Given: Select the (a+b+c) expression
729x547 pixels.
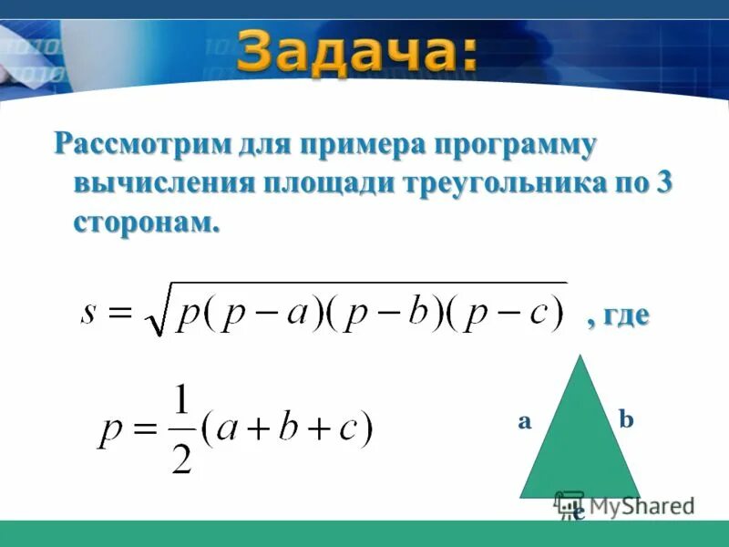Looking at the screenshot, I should (287, 428).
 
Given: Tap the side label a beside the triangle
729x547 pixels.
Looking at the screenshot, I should (525, 421).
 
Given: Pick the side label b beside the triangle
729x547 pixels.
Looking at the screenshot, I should (626, 420).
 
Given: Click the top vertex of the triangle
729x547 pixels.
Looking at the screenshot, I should (579, 357).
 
